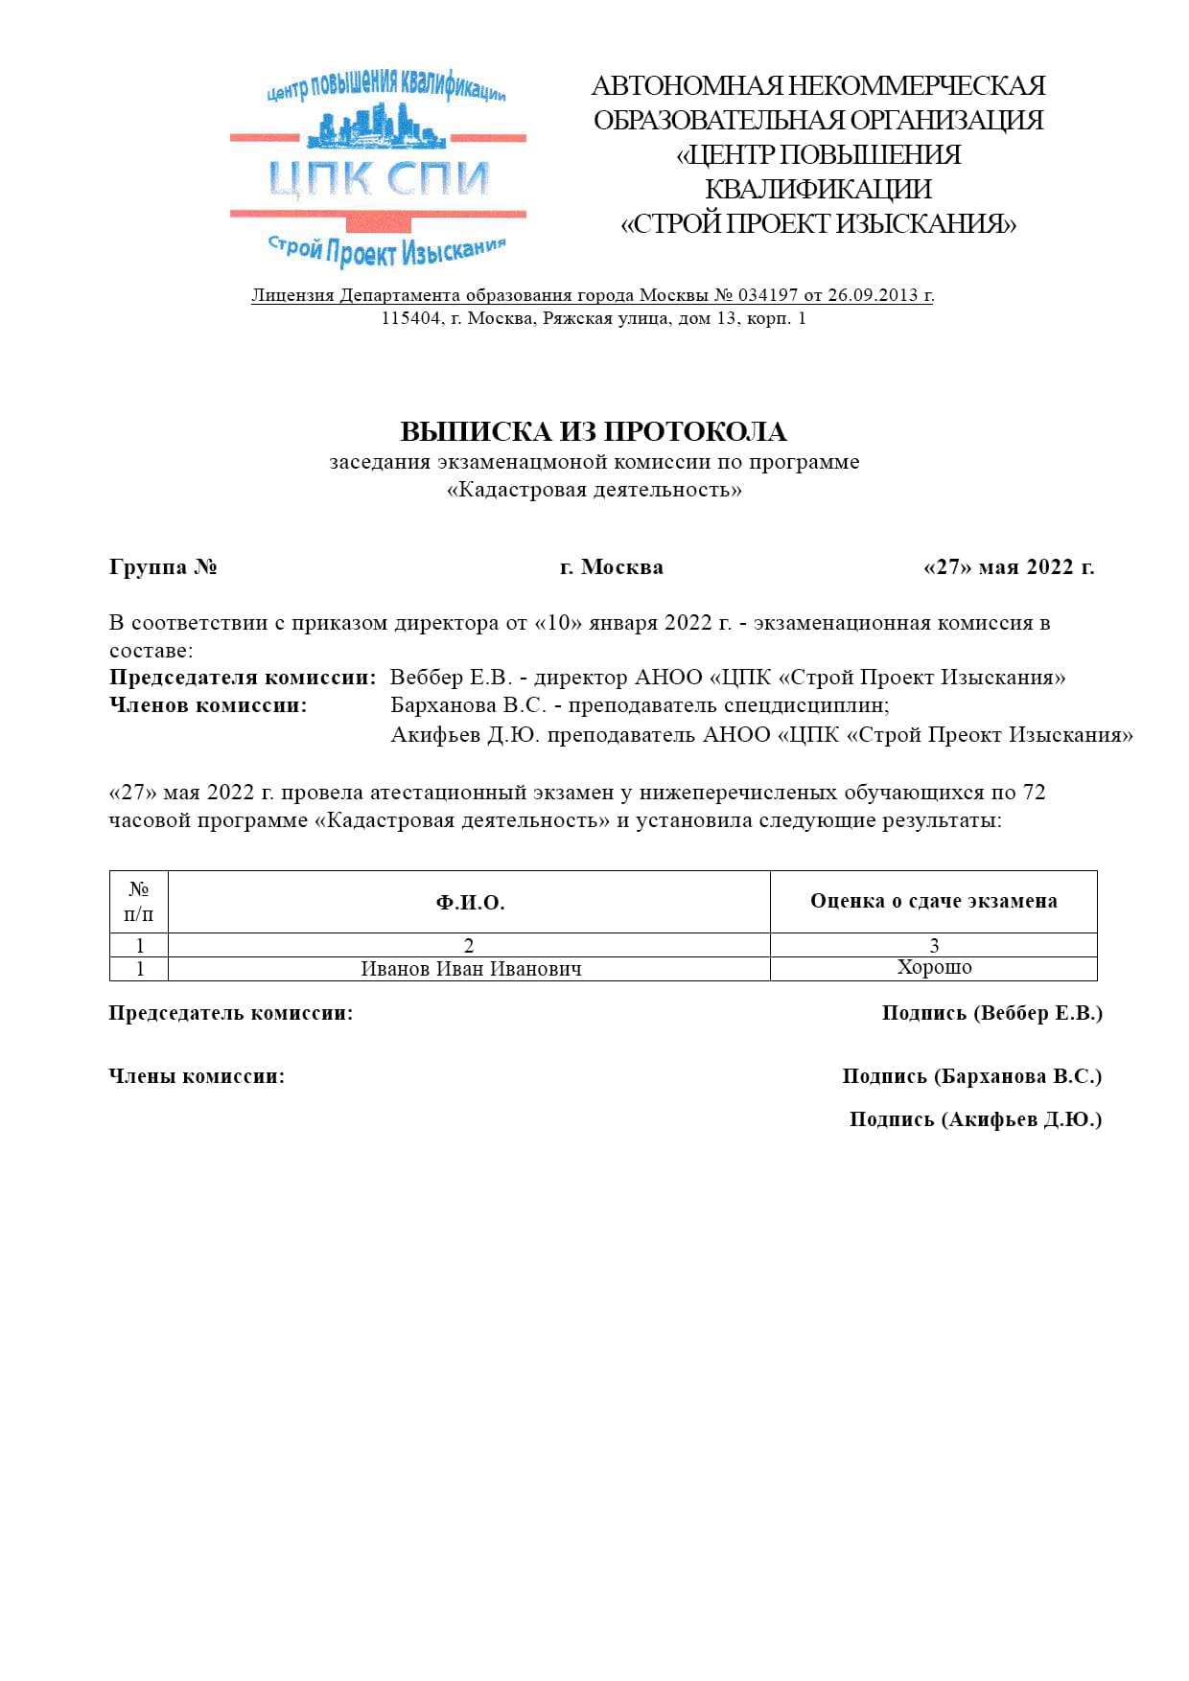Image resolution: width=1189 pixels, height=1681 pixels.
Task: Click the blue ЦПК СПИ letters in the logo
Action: pos(378,179)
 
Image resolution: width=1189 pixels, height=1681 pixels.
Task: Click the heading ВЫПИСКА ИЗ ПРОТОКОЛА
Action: pos(594,431)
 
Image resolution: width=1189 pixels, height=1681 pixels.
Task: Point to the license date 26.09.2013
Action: pos(873,295)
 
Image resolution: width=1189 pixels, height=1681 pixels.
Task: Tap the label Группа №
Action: pos(163,566)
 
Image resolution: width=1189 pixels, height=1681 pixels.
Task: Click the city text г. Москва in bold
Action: pos(612,566)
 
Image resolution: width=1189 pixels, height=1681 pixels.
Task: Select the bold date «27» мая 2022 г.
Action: pos(1009,566)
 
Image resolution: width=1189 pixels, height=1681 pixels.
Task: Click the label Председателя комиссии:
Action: pos(243,678)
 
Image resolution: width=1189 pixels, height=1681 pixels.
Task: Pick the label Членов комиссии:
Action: pos(208,705)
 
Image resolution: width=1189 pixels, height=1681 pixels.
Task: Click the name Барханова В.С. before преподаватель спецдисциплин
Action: pos(468,705)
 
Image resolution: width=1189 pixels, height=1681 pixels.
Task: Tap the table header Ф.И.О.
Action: pos(470,902)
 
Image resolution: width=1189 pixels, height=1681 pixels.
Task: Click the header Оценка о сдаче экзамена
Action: pos(933,901)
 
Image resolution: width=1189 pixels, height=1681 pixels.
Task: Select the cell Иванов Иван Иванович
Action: pos(471,969)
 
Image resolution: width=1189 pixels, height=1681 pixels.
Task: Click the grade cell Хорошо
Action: pos(934,967)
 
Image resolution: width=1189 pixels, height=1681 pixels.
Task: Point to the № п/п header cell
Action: pos(139,901)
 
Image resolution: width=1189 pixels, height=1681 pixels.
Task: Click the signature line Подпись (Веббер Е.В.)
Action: pos(991,1013)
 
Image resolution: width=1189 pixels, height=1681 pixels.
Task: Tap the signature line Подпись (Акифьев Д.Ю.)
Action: pos(975,1119)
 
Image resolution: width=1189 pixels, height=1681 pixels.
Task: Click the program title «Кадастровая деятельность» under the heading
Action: pos(594,490)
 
